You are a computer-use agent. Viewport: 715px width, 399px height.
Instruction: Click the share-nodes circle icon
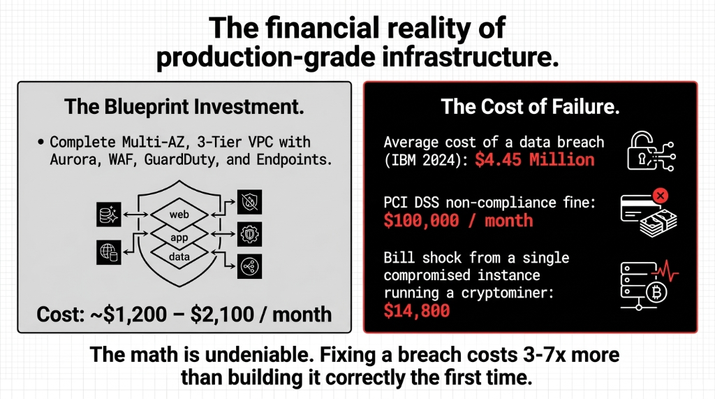coord(249,266)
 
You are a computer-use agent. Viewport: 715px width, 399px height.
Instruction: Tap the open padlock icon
coord(641,149)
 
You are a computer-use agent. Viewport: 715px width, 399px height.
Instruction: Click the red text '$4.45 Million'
coord(535,160)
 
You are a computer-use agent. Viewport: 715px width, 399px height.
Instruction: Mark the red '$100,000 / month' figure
coord(458,221)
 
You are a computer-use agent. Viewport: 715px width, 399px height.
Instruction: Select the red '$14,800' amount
coord(417,310)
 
